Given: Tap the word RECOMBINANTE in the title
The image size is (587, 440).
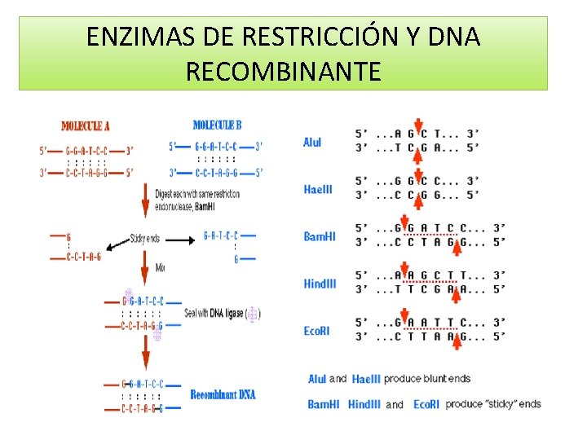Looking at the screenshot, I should point(283,73).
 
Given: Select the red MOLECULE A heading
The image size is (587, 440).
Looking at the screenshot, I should point(86,126).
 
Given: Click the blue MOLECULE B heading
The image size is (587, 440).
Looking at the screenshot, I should point(217,125).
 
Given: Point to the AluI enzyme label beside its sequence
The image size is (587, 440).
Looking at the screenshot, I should point(312,142).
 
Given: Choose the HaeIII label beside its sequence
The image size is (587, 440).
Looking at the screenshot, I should point(317,189).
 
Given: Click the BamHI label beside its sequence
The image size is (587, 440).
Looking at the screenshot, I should point(319,236).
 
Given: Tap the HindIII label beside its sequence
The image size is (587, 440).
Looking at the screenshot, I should point(320,284).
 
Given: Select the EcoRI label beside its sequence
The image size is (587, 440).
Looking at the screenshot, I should point(317,331).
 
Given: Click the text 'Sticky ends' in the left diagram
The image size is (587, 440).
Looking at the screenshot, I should point(145,239).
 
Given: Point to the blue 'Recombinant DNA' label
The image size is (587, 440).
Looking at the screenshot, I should point(223,395).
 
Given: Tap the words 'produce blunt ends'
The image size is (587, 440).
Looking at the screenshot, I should point(427,379).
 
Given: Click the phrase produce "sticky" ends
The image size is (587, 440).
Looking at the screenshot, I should point(493,404).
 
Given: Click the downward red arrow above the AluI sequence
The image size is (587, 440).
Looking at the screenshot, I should point(417,125).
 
